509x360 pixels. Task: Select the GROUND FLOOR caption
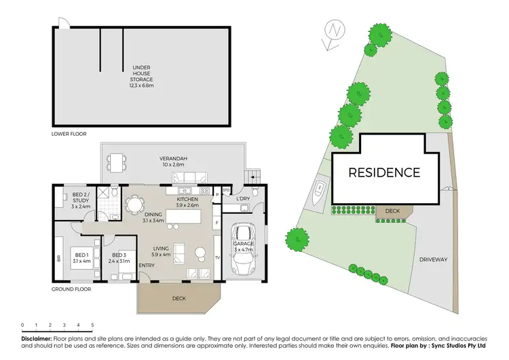(71, 289)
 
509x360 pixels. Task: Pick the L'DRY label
(244, 198)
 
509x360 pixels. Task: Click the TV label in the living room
(216, 258)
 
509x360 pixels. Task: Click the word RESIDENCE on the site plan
(384, 172)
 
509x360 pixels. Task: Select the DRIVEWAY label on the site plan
(432, 259)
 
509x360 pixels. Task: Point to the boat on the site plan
(319, 194)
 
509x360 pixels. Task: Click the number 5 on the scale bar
(92, 325)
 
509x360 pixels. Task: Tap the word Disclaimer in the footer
(36, 338)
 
